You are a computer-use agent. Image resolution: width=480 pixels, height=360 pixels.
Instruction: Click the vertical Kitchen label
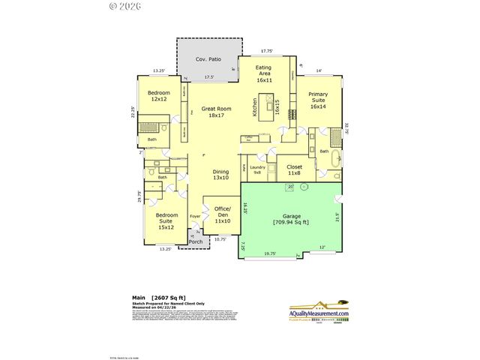click(x=255, y=109)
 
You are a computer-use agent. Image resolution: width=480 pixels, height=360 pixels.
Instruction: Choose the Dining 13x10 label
click(x=220, y=175)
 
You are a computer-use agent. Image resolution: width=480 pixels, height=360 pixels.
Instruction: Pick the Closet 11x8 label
click(x=294, y=170)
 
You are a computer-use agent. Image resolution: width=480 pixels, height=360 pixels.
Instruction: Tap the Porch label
click(x=195, y=241)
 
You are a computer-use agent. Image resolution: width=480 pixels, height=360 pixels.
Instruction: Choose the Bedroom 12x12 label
click(x=158, y=96)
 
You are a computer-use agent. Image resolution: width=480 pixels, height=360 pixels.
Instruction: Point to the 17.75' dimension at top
click(x=267, y=51)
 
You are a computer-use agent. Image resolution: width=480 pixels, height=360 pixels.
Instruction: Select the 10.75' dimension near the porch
click(x=220, y=239)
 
